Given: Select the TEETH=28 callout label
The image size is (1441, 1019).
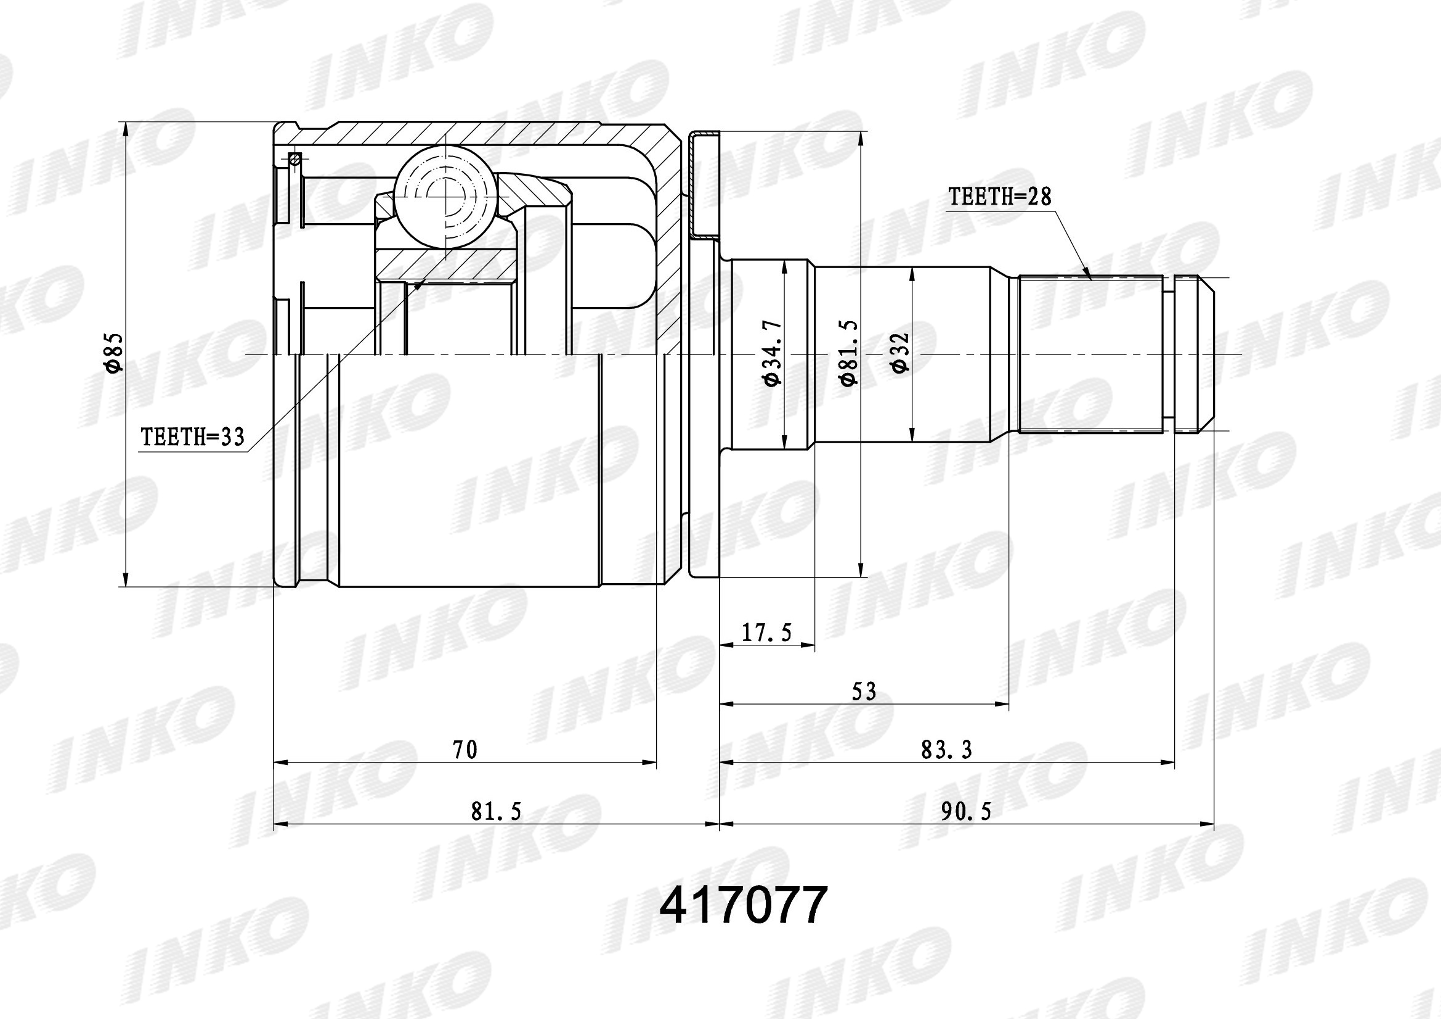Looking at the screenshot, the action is pos(999,197).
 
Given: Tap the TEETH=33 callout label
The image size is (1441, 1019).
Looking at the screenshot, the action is pos(193,436).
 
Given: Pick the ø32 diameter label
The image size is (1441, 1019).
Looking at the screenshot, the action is pos(900,353).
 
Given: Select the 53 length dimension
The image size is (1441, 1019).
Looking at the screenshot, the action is pos(864,691).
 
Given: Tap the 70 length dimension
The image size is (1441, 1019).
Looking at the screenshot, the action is pos(465,750).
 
